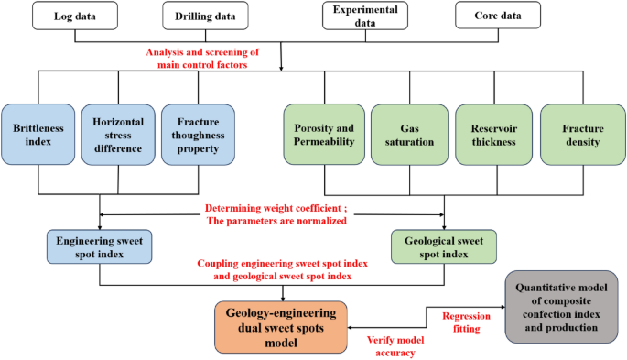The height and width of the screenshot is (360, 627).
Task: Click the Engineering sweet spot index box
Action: click(x=99, y=245)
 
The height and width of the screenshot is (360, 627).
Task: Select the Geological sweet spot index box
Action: click(x=444, y=245)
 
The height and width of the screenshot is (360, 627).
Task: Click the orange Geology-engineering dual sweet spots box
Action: click(x=282, y=327)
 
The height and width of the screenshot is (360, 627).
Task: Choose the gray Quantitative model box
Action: click(x=561, y=307)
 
